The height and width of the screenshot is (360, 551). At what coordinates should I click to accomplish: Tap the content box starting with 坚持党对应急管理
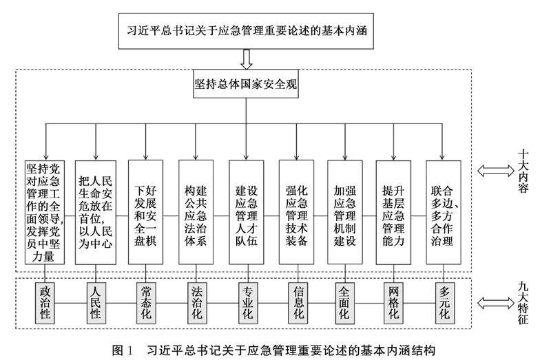coord(45,211)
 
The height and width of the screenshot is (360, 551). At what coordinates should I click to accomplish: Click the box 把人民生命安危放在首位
coord(96,211)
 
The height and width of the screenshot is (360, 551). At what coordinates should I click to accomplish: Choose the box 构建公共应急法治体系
coord(195,211)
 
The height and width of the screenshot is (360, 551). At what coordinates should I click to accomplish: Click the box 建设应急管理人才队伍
coord(245,211)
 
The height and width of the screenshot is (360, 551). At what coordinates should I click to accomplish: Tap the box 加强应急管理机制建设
coord(344,211)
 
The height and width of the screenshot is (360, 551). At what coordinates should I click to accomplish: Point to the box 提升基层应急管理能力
coord(395,211)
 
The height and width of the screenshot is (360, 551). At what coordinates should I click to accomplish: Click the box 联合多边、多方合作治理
coord(444,211)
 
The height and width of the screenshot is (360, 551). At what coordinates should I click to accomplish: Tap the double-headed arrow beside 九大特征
coord(494,301)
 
